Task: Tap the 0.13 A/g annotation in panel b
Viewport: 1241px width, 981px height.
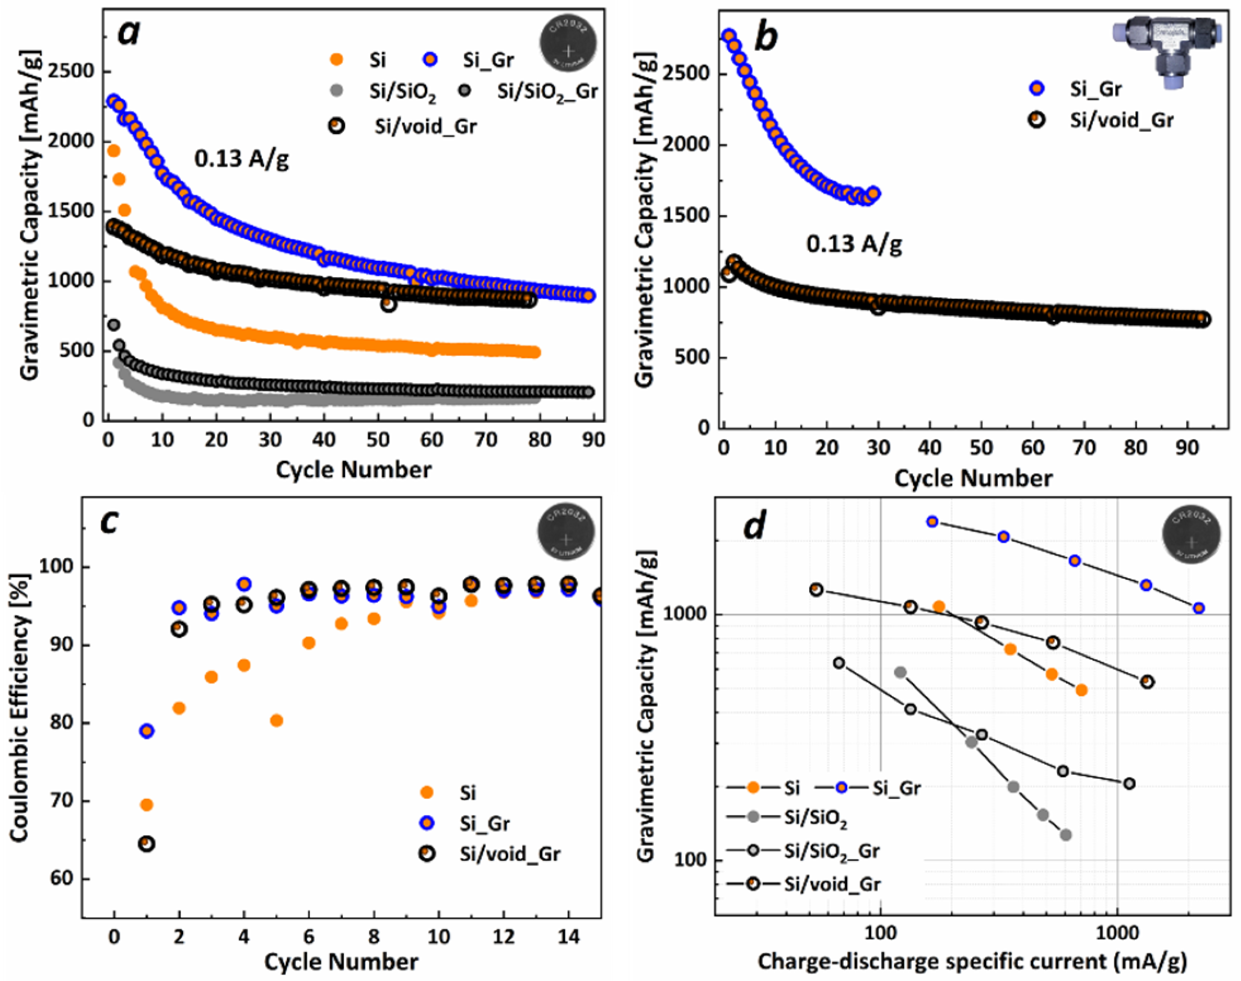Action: click(854, 244)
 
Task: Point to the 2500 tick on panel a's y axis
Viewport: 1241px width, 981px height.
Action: click(71, 71)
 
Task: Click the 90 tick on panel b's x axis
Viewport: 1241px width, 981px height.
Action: click(1187, 448)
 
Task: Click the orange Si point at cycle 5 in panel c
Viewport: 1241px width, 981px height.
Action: click(276, 720)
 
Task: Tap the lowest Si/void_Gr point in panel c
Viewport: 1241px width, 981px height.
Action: click(147, 844)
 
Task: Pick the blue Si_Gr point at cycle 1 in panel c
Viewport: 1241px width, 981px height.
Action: click(147, 731)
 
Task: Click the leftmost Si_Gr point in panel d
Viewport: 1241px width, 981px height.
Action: click(932, 522)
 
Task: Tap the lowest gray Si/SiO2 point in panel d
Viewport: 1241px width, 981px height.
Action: click(1065, 834)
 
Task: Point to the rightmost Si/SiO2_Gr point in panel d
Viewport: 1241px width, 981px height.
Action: click(1129, 784)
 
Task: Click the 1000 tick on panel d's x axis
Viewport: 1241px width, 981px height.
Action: click(1117, 933)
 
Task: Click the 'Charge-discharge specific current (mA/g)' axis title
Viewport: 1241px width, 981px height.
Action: click(972, 961)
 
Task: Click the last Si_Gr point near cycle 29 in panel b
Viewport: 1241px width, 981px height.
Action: click(873, 193)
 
